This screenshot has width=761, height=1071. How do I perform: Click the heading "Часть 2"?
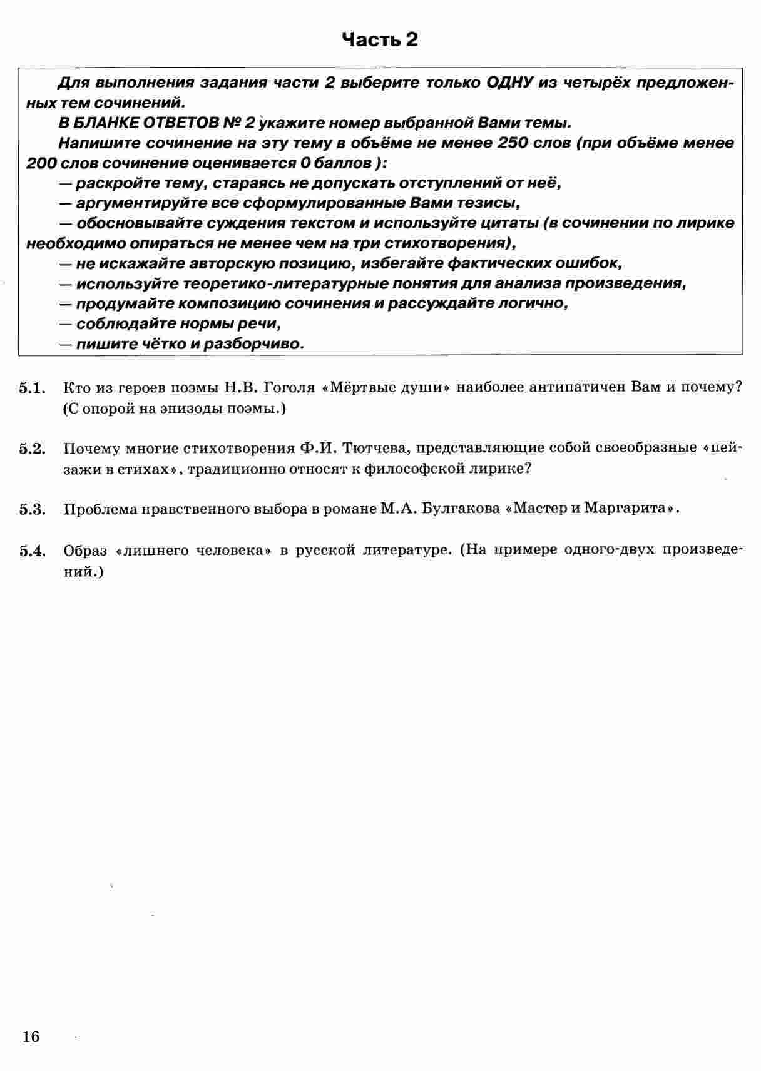click(380, 40)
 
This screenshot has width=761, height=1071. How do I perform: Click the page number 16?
click(31, 1037)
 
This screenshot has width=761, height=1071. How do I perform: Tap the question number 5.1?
click(33, 388)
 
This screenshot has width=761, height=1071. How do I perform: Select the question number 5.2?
click(33, 449)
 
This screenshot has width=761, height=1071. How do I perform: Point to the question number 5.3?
click(33, 509)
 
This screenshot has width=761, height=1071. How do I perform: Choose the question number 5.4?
click(33, 551)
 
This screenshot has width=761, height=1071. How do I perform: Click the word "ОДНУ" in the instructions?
click(509, 83)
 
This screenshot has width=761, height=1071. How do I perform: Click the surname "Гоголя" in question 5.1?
click(290, 387)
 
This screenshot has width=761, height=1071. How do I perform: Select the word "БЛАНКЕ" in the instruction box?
click(105, 123)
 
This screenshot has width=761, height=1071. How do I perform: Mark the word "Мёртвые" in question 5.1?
click(354, 387)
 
